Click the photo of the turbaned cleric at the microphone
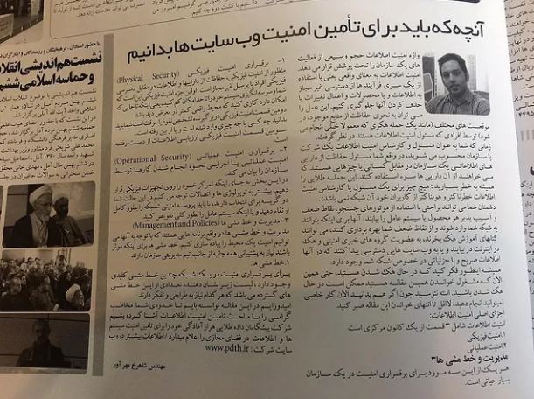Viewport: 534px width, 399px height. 49,214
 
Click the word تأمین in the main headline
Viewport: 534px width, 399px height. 389,37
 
